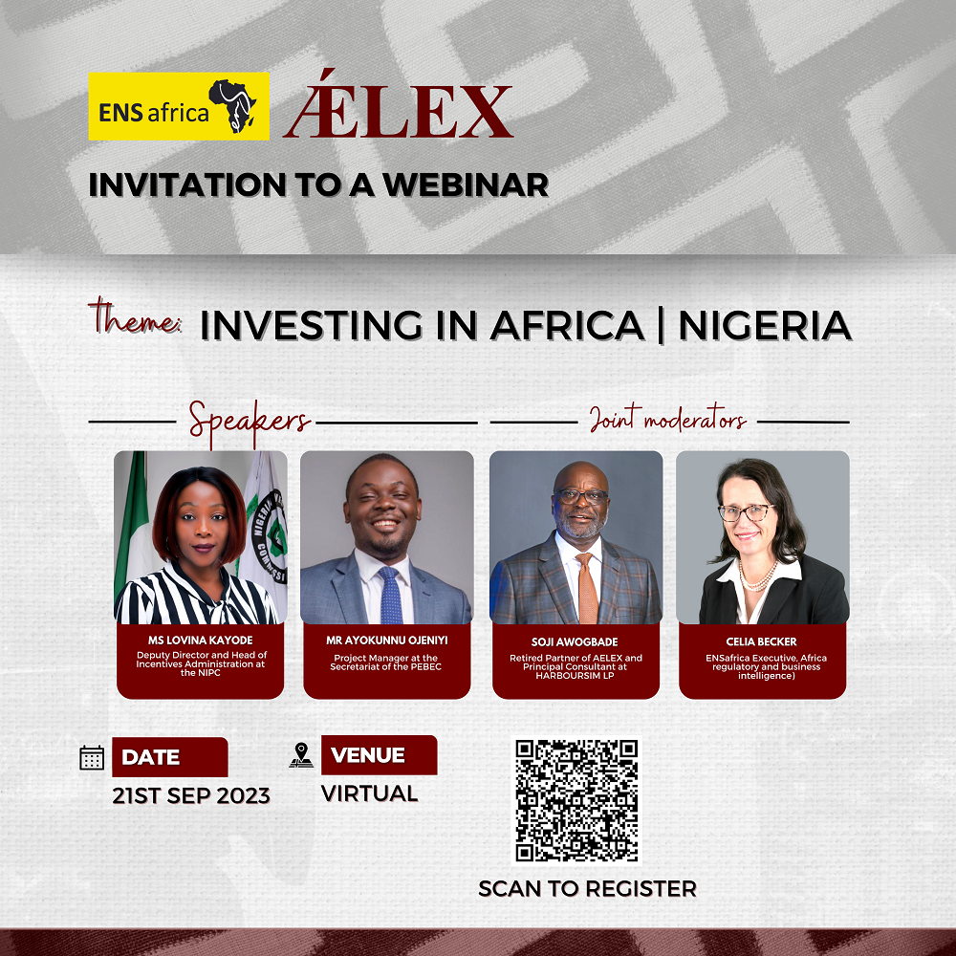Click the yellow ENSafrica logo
[x=179, y=106]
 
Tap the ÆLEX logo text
[x=398, y=104]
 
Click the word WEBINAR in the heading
[x=466, y=185]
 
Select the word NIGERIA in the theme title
[x=765, y=325]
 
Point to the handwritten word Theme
[x=135, y=316]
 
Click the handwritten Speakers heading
[x=249, y=422]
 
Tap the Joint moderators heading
[x=667, y=419]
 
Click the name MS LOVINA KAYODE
[x=200, y=641]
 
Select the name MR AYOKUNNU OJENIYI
[x=386, y=641]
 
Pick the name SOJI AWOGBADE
[x=575, y=642]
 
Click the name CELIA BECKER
[x=761, y=641]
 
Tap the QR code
[x=576, y=800]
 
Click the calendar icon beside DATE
[x=92, y=757]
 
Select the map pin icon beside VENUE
[x=301, y=755]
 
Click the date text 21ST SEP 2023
[x=191, y=795]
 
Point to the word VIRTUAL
[x=369, y=793]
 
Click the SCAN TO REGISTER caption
[x=587, y=888]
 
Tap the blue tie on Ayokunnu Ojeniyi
[x=391, y=595]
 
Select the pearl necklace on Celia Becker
[x=757, y=576]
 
